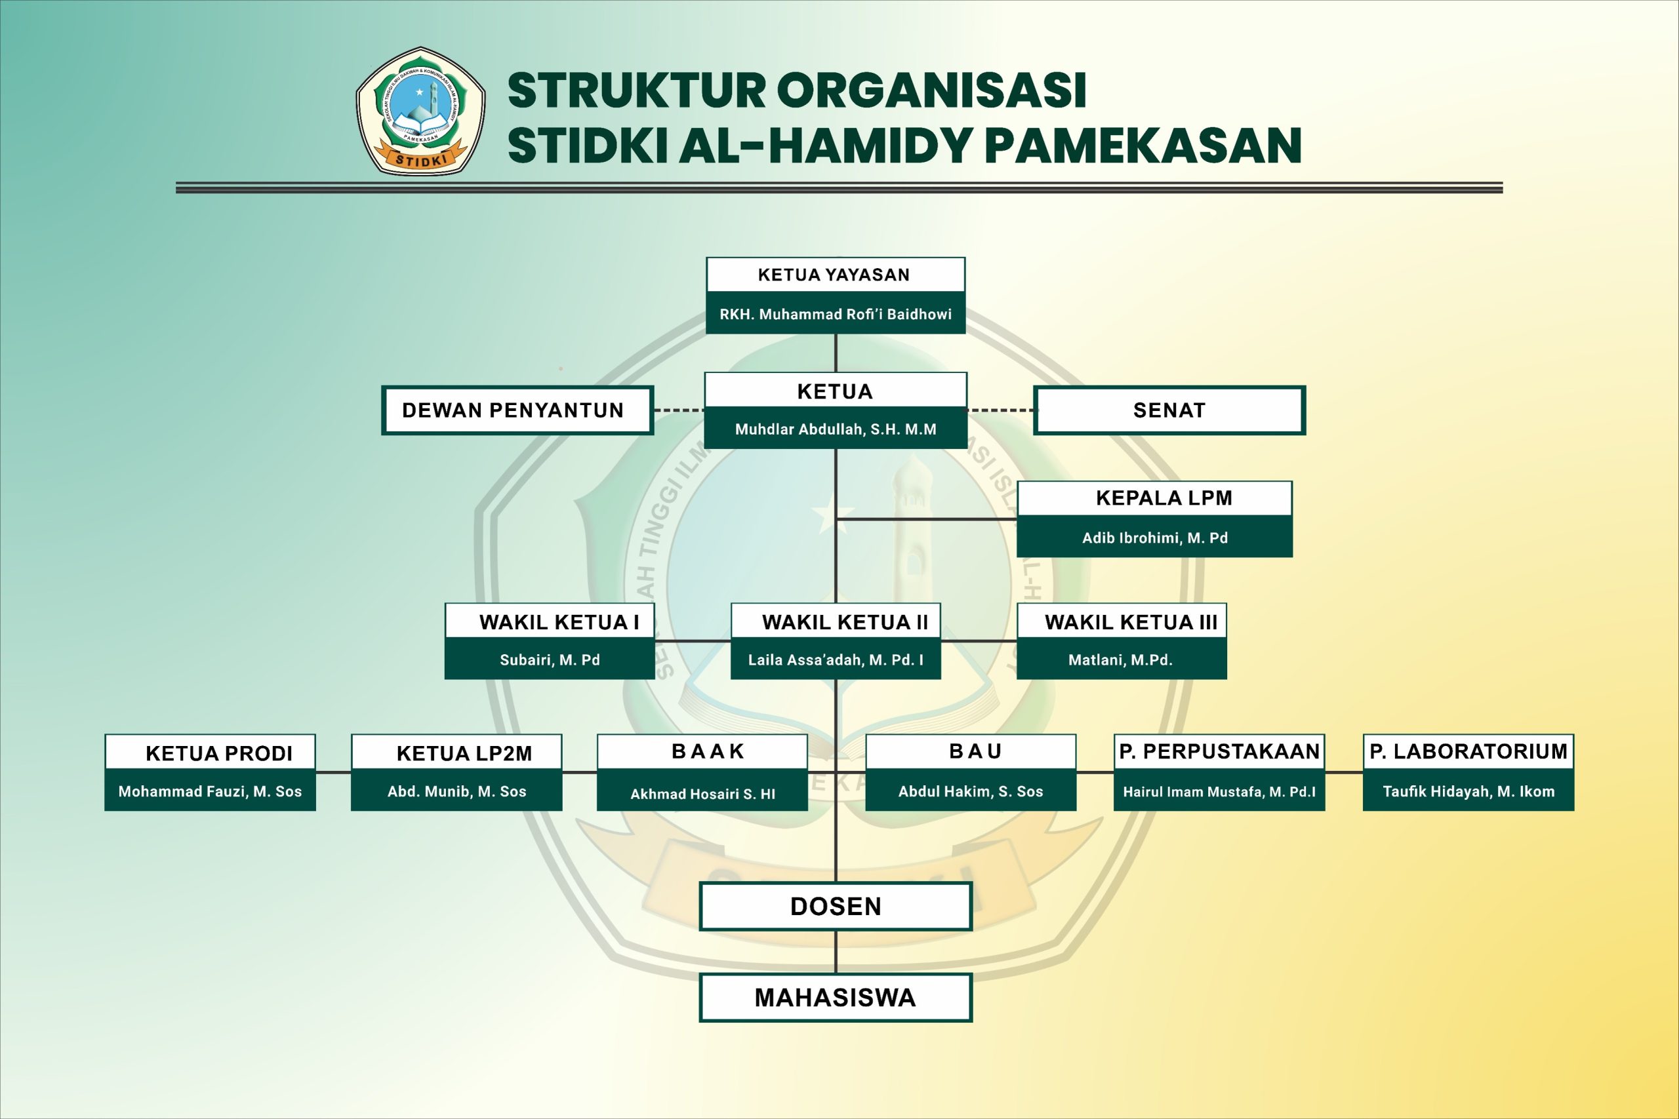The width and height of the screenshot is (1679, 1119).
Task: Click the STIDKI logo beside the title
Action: pos(420,111)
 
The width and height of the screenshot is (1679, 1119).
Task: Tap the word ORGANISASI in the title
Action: pos(931,90)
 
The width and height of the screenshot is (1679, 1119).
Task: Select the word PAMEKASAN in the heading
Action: pos(1143,146)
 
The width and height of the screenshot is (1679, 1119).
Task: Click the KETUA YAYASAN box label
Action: pos(834,275)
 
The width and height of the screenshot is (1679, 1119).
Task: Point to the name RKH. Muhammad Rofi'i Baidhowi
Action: pos(835,314)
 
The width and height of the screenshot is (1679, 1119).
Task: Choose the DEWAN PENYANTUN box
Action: pos(517,410)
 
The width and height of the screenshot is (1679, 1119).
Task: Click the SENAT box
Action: pos(1169,410)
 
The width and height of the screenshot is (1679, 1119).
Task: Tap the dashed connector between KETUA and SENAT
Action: pos(1000,410)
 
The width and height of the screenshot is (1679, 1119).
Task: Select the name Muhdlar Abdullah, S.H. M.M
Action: pos(835,429)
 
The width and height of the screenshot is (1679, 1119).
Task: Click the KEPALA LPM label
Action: pos(1164,498)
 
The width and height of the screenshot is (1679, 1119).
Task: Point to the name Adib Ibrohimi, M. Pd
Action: pos(1154,538)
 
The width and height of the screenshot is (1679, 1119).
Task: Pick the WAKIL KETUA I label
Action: pos(559,622)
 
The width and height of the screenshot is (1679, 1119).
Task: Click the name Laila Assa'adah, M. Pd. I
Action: pos(835,660)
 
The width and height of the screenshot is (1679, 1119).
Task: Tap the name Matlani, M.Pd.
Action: pos(1120,660)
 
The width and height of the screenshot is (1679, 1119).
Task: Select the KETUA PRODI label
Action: pos(219,754)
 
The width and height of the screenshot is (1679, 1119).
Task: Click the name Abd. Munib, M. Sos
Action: pos(457,791)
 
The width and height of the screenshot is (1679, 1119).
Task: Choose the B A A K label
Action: pos(708,751)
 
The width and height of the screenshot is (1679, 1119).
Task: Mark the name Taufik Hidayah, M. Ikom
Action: pos(1468,791)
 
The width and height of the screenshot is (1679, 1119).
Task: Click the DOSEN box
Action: pos(835,907)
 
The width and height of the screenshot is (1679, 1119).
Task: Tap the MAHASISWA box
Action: pos(835,998)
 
